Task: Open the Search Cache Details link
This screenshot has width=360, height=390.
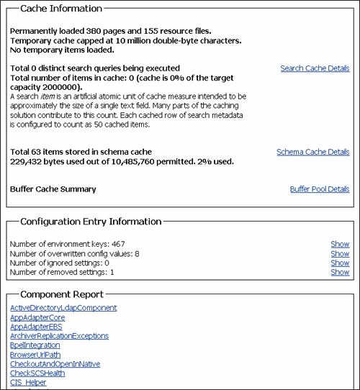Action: [315, 68]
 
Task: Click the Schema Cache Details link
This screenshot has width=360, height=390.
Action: [312, 152]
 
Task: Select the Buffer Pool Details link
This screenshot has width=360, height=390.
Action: [319, 189]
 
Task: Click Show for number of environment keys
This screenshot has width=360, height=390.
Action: [340, 245]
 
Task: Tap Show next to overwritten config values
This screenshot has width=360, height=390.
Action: [340, 254]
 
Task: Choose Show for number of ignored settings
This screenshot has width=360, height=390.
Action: [340, 263]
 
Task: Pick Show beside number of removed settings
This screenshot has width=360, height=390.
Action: [340, 273]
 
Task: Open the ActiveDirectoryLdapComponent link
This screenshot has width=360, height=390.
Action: [63, 308]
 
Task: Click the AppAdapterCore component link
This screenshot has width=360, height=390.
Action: [37, 317]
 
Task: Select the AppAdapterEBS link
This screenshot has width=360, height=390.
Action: [36, 327]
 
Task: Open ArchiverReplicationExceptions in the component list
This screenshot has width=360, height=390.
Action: [59, 336]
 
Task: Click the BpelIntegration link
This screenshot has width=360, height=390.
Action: [35, 345]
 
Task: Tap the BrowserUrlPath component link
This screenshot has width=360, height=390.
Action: [35, 355]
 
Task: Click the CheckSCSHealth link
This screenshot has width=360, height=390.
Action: [38, 373]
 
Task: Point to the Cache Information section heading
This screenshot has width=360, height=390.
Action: [60, 9]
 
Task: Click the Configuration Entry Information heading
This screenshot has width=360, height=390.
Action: [91, 222]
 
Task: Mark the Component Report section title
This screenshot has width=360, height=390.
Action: [61, 294]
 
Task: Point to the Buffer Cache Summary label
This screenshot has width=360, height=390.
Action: [53, 189]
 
